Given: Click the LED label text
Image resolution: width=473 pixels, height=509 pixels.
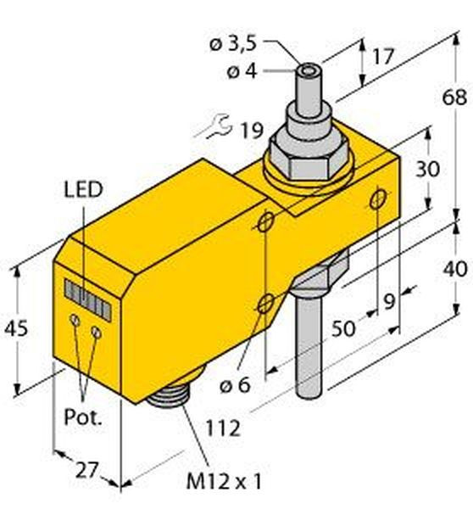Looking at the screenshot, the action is pyautogui.click(x=83, y=190).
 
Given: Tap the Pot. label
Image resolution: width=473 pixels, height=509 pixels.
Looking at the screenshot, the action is pyautogui.click(x=83, y=417).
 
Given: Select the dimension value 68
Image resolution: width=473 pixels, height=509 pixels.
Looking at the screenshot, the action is pyautogui.click(x=454, y=97).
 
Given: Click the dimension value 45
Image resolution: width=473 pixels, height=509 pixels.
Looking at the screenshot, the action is pyautogui.click(x=16, y=329).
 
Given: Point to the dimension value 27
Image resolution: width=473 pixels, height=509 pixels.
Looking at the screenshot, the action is pyautogui.click(x=86, y=470).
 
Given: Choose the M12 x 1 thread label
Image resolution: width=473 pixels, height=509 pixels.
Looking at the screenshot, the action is pyautogui.click(x=224, y=482).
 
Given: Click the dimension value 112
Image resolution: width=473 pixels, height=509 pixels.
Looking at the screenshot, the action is pyautogui.click(x=224, y=428).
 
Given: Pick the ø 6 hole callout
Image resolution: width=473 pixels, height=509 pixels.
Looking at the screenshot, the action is pyautogui.click(x=235, y=385).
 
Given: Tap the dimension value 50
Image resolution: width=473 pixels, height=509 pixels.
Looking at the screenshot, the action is pyautogui.click(x=343, y=329).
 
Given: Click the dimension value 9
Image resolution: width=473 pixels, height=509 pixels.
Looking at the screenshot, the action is pyautogui.click(x=389, y=301).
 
